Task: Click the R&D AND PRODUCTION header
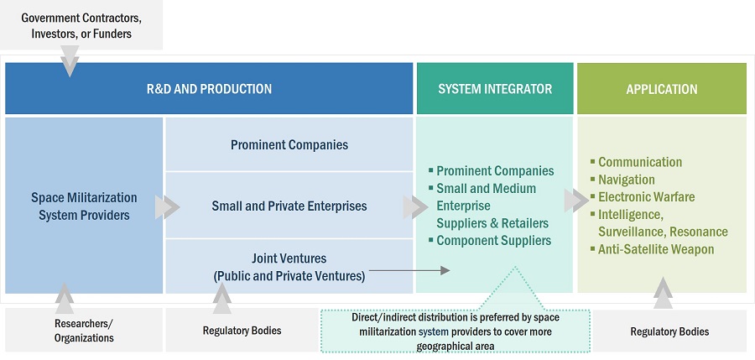pyautogui.click(x=209, y=89)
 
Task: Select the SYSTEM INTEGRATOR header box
pyautogui.click(x=495, y=89)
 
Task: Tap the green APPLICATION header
pyautogui.click(x=661, y=89)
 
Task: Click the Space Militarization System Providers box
pyautogui.click(x=84, y=206)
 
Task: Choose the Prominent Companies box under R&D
pyautogui.click(x=289, y=144)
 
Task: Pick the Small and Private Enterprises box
pyautogui.click(x=289, y=206)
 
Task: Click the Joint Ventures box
pyautogui.click(x=289, y=266)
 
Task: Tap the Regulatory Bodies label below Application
pyautogui.click(x=669, y=331)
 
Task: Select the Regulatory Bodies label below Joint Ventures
pyautogui.click(x=242, y=331)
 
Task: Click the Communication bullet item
pyautogui.click(x=639, y=162)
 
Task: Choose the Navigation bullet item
pyautogui.click(x=626, y=180)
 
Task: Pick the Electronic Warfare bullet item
pyautogui.click(x=646, y=197)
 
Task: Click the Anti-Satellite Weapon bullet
pyautogui.click(x=655, y=249)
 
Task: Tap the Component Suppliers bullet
pyautogui.click(x=493, y=240)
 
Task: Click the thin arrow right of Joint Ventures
pyautogui.click(x=408, y=270)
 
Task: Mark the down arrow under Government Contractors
pyautogui.click(x=70, y=61)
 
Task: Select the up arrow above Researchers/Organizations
pyautogui.click(x=64, y=297)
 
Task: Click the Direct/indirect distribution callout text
pyautogui.click(x=456, y=331)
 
